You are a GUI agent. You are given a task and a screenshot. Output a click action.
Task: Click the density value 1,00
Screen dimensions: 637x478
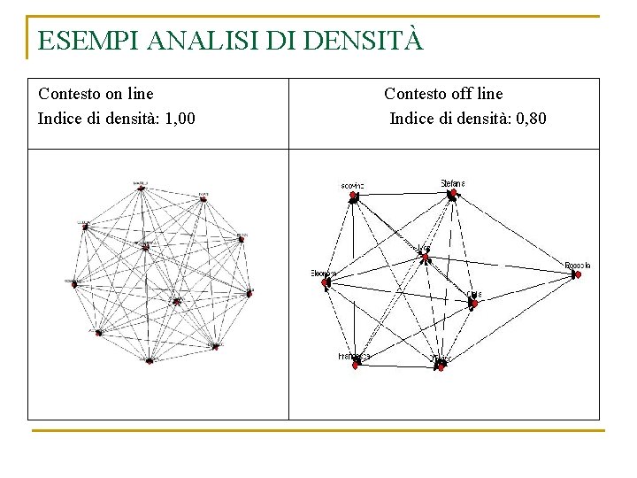pyautogui.click(x=180, y=117)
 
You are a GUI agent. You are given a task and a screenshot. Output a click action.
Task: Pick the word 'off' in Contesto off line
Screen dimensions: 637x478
pyautogui.click(x=457, y=94)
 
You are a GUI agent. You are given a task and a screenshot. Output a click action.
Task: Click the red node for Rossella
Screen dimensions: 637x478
pyautogui.click(x=577, y=275)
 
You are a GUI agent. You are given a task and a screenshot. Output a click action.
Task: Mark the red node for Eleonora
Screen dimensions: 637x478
pyautogui.click(x=326, y=283)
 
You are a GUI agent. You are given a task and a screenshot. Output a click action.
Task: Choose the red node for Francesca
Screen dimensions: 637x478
pyautogui.click(x=355, y=364)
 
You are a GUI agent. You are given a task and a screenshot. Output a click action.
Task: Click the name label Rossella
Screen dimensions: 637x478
pyautogui.click(x=578, y=265)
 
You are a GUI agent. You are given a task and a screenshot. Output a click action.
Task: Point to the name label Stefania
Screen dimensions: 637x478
pyautogui.click(x=453, y=183)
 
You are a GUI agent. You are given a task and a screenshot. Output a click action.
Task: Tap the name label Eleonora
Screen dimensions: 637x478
pyautogui.click(x=324, y=273)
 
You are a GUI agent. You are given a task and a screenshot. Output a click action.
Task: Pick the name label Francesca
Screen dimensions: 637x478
pyautogui.click(x=354, y=355)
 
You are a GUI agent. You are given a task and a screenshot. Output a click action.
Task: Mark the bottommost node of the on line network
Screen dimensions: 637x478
pyautogui.click(x=150, y=360)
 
